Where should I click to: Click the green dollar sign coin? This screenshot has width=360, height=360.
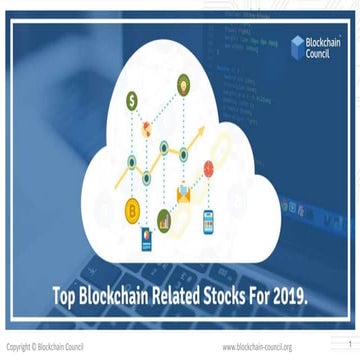132,99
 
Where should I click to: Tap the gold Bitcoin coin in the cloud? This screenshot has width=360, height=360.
131,208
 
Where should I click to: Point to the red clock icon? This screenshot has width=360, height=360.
209,167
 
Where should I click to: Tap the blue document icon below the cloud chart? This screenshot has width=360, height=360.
146,236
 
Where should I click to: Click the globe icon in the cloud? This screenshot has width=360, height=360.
147,128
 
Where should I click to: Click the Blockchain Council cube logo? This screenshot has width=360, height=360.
297,43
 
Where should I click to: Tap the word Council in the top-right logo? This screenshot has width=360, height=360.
321,52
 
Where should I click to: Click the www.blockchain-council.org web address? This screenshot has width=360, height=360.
257,347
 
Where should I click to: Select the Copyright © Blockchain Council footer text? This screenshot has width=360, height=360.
45,347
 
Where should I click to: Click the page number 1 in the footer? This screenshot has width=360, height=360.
350,344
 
